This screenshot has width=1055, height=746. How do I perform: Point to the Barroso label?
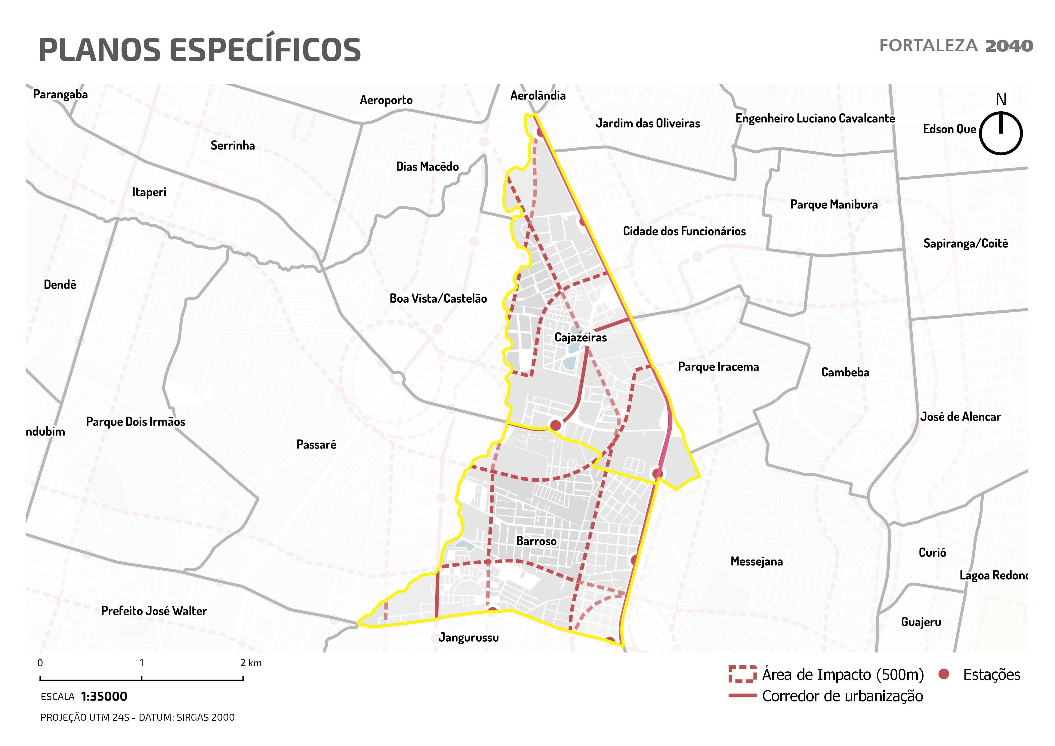pyautogui.click(x=536, y=541)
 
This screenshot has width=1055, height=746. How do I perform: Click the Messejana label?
pyautogui.click(x=756, y=561)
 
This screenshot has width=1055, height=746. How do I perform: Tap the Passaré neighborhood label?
pyautogui.click(x=316, y=445)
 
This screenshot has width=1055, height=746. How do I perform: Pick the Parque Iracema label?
pyautogui.click(x=718, y=367)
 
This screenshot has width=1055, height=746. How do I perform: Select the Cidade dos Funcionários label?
pyautogui.click(x=684, y=231)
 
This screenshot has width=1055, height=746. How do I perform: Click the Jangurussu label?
pyautogui.click(x=468, y=638)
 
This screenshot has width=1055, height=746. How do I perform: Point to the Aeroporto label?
pyautogui.click(x=386, y=100)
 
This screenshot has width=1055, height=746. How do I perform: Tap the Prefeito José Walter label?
pyautogui.click(x=154, y=611)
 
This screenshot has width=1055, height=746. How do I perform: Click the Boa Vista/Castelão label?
pyautogui.click(x=438, y=299)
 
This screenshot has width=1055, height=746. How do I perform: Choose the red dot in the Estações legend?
pyautogui.click(x=944, y=674)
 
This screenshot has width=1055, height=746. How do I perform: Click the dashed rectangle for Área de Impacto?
pyautogui.click(x=742, y=674)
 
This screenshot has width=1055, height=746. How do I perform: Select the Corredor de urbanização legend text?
pyautogui.click(x=842, y=696)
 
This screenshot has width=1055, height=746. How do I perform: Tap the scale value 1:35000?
pyautogui.click(x=104, y=697)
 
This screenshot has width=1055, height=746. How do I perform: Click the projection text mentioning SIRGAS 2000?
pyautogui.click(x=137, y=717)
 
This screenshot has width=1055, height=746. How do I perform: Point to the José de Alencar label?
pyautogui.click(x=960, y=417)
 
